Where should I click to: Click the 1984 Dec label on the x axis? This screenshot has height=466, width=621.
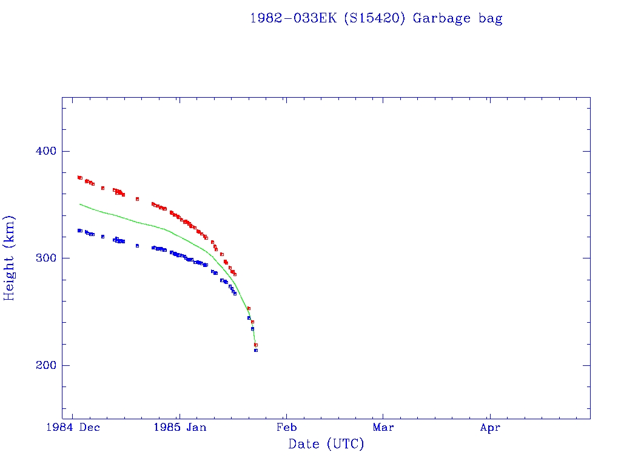coord(73,427)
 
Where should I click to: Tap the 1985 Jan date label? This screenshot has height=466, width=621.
coord(180,427)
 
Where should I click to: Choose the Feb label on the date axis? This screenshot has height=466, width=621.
coord(286,427)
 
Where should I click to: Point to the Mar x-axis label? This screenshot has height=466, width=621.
coord(383,427)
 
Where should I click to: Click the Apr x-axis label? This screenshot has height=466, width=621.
coord(490,427)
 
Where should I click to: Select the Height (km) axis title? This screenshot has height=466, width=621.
coord(10,258)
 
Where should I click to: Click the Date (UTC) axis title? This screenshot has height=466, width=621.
coord(326,444)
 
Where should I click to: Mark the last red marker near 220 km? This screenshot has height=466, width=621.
coord(256,345)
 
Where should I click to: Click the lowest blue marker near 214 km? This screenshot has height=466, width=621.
coord(256,350)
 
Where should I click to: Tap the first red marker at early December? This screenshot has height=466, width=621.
coord(79,177)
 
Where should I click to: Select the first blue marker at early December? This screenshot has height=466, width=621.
coord(79,231)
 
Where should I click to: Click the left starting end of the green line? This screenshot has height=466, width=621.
coord(80,204)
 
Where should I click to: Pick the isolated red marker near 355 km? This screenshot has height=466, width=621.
coord(137,199)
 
